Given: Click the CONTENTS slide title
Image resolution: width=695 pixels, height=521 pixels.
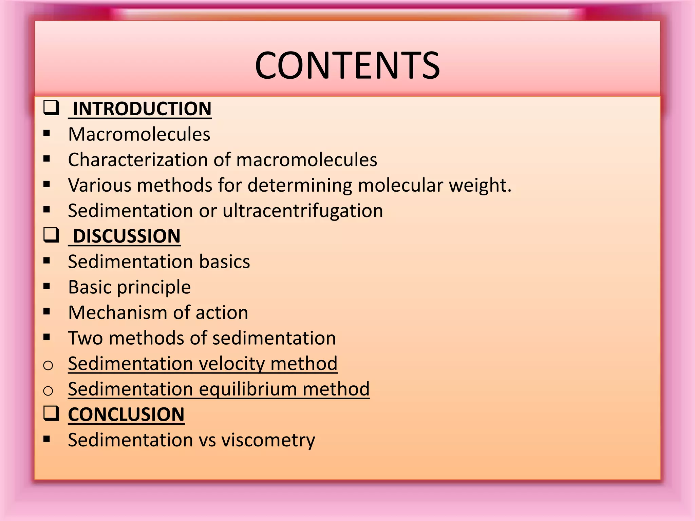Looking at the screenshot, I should click(x=347, y=65).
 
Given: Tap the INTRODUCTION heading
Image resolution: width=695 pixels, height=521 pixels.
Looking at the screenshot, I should click(x=142, y=109).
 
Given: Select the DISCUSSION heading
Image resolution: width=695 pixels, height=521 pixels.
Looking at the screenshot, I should click(x=126, y=236).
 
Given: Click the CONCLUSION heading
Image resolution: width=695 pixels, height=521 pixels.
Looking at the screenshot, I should click(x=126, y=414).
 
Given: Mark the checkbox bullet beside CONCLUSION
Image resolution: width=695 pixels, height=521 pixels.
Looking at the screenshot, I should click(x=51, y=413).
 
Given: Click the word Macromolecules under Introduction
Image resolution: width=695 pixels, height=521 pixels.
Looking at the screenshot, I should click(x=139, y=134).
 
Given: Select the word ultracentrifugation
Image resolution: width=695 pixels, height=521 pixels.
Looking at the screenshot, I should click(x=303, y=211).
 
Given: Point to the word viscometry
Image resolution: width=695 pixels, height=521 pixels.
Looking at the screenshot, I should click(x=268, y=440).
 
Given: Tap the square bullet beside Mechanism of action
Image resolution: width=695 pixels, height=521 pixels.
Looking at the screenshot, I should click(x=47, y=311).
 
